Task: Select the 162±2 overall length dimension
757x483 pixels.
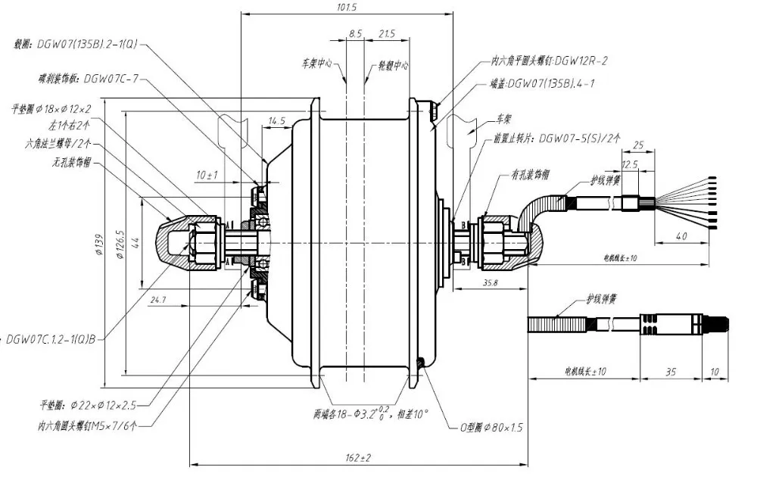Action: (357, 458)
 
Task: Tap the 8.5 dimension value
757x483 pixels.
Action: (355, 34)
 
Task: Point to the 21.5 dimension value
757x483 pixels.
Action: (386, 34)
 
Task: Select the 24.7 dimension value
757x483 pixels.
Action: (158, 301)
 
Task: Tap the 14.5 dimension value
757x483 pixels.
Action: (276, 120)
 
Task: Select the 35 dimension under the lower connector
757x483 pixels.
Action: (671, 372)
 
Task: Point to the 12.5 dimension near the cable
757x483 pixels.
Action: (630, 164)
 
